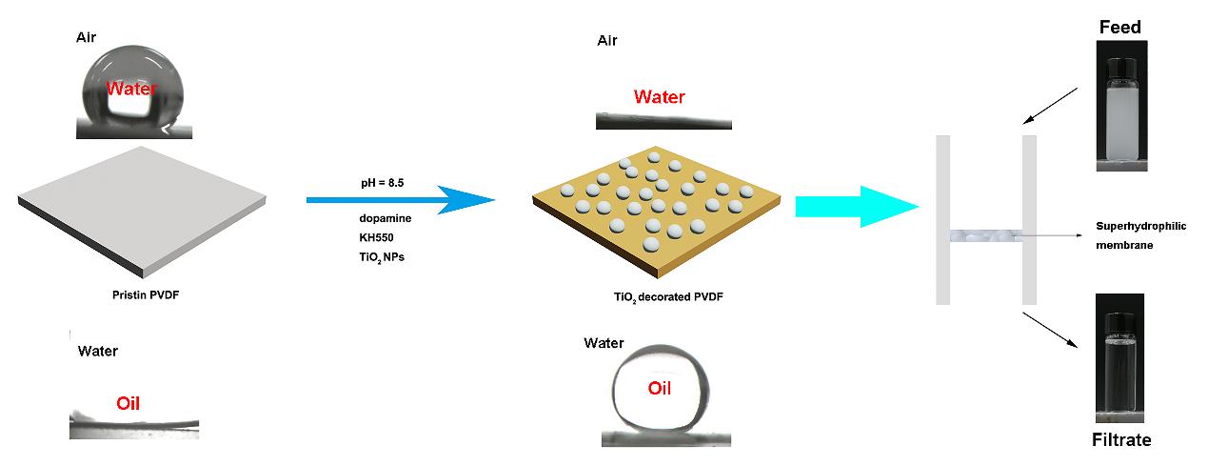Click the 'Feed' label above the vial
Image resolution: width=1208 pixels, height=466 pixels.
coord(1121,28)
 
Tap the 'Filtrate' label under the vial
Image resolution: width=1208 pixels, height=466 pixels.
coord(1121,440)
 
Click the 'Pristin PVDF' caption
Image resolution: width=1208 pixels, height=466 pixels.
coord(146,294)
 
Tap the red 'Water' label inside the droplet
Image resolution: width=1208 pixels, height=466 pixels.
coord(131,90)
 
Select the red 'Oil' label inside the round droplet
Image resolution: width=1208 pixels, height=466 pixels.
coord(659,388)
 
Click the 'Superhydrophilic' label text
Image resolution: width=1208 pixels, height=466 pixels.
coord(1140,226)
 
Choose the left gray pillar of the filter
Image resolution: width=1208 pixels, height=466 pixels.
coord(943,219)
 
